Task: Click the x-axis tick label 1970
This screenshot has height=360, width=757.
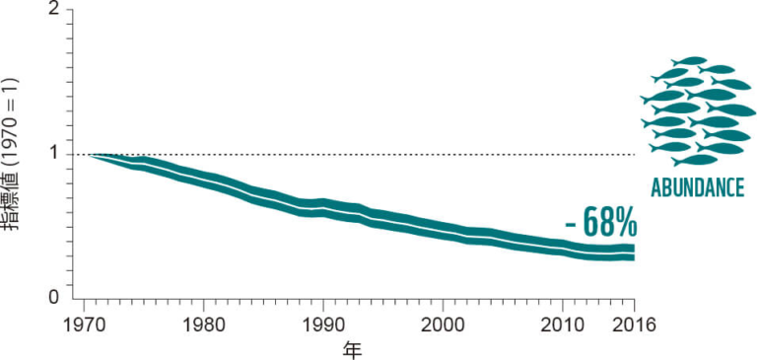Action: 84,325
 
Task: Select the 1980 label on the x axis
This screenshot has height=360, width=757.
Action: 203,325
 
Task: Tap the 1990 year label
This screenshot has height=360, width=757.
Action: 323,325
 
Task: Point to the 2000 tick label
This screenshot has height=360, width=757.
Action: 443,325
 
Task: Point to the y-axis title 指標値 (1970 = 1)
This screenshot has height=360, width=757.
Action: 17,154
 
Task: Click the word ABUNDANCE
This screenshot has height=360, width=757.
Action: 697,188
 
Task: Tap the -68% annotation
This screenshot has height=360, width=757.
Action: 601,223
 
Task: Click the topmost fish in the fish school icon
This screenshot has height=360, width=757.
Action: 689,61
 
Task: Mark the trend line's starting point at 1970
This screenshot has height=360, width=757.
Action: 89,155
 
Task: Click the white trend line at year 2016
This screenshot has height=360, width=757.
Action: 634,253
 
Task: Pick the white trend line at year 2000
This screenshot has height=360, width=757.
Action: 443,230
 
